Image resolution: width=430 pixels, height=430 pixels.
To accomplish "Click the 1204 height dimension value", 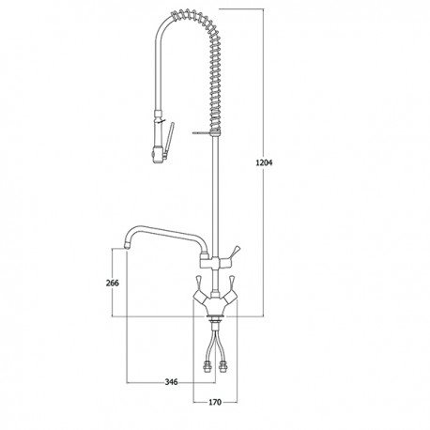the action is pyautogui.click(x=264, y=162).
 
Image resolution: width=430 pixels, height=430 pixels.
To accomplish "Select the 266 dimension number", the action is pyautogui.click(x=113, y=283).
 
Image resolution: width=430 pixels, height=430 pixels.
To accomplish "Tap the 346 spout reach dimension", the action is pyautogui.click(x=171, y=382).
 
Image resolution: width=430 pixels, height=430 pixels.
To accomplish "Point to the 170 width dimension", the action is pyautogui.click(x=215, y=402).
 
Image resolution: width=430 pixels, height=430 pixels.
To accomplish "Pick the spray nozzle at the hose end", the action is pyautogui.click(x=157, y=156).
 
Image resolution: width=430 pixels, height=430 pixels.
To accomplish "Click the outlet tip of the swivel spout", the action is pyautogui.click(x=127, y=246).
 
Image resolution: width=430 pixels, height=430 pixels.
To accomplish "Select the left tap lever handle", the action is pyautogui.click(x=200, y=283).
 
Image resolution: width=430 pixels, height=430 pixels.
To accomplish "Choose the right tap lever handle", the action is pyautogui.click(x=231, y=283).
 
